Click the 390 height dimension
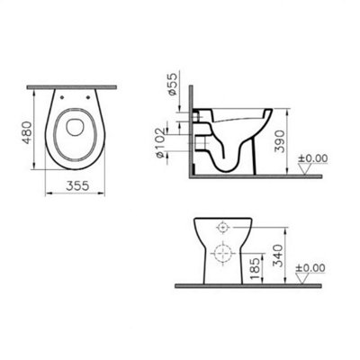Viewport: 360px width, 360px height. coord(283,141)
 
